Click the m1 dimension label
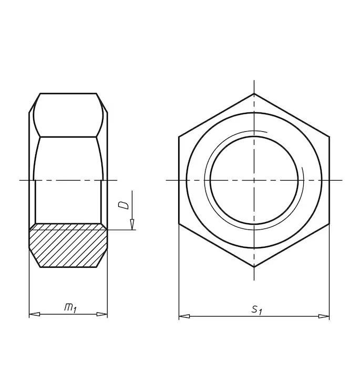click(70, 308)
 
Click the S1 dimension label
click(256, 310)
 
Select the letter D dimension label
click(124, 205)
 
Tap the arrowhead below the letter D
click(132, 224)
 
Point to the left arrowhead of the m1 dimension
click(35, 314)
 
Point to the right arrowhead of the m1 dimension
click(102, 314)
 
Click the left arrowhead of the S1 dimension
click(184, 316)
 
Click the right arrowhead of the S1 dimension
click(324, 316)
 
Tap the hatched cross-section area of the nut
click(68, 245)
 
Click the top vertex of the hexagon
click(254, 93)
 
